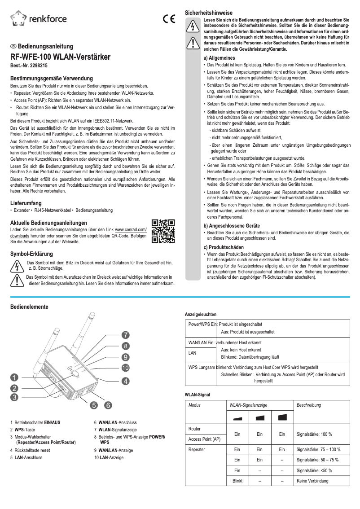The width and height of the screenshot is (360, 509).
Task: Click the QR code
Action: tap(163, 231)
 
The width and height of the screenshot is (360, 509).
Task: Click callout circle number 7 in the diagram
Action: tap(126, 335)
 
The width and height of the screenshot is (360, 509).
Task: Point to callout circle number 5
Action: tap(94, 405)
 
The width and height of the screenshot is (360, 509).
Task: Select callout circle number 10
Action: tap(126, 369)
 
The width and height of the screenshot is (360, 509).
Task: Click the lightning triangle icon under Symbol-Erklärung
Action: tap(17, 266)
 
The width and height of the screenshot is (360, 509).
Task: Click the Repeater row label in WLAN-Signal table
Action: tap(197, 449)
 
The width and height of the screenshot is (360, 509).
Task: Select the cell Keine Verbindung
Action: tap(312, 481)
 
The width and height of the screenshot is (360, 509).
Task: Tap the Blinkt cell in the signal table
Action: tap(237, 481)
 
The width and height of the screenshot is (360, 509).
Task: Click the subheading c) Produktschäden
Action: tap(224, 247)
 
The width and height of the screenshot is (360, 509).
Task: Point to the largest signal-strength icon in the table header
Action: tap(282, 417)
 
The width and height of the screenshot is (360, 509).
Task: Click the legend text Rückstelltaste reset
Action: tap(32, 450)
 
